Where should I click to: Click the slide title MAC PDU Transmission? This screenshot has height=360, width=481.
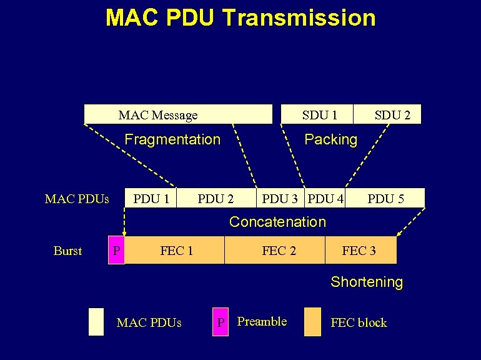pyautogui.click(x=241, y=17)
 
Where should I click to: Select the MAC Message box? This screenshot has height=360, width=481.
pyautogui.click(x=178, y=114)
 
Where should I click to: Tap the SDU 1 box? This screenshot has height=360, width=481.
pyautogui.click(x=319, y=114)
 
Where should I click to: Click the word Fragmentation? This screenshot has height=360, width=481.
pyautogui.click(x=172, y=139)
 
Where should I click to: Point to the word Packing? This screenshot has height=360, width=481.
pyautogui.click(x=330, y=139)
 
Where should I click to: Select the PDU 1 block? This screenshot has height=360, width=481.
pyautogui.click(x=151, y=199)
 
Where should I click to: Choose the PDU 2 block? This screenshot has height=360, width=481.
pyautogui.click(x=216, y=199)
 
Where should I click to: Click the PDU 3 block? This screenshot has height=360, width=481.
pyautogui.click(x=279, y=199)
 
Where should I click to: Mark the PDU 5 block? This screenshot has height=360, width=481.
pyautogui.click(x=385, y=199)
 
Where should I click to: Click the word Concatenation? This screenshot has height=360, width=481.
pyautogui.click(x=277, y=222)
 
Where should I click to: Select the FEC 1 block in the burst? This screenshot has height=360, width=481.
pyautogui.click(x=176, y=251)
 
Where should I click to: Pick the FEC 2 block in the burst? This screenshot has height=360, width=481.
pyautogui.click(x=278, y=251)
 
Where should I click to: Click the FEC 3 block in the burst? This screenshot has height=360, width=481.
pyautogui.click(x=360, y=251)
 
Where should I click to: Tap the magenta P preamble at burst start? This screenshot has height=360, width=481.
pyautogui.click(x=116, y=251)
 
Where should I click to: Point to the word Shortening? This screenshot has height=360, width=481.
pyautogui.click(x=367, y=282)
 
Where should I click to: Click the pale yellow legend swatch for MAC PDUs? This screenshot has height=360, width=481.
pyautogui.click(x=96, y=322)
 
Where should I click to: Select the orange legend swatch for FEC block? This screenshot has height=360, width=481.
pyautogui.click(x=312, y=322)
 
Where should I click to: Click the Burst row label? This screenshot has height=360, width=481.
pyautogui.click(x=67, y=251)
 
